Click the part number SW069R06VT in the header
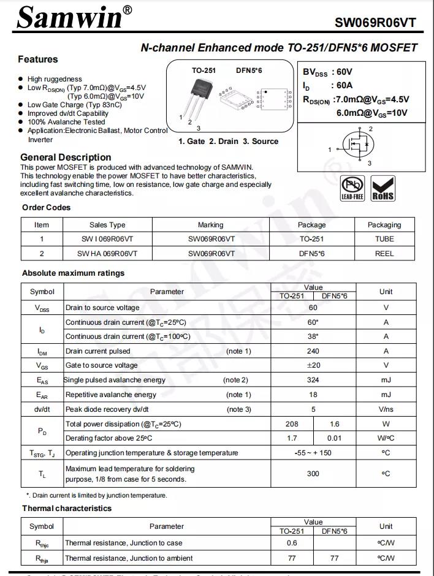(375, 23)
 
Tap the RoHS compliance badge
(383, 188)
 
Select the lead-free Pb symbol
(352, 188)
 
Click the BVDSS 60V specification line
(327, 72)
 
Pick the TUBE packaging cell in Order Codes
(384, 239)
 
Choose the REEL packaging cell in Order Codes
(384, 253)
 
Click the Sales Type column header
(107, 225)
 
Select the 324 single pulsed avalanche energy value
(313, 381)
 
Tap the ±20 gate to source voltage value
(313, 366)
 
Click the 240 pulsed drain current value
(313, 352)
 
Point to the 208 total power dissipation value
(292, 424)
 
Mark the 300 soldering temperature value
(313, 474)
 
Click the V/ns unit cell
(386, 409)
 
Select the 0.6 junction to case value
(292, 543)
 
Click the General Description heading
(66, 157)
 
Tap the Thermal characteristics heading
(67, 509)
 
